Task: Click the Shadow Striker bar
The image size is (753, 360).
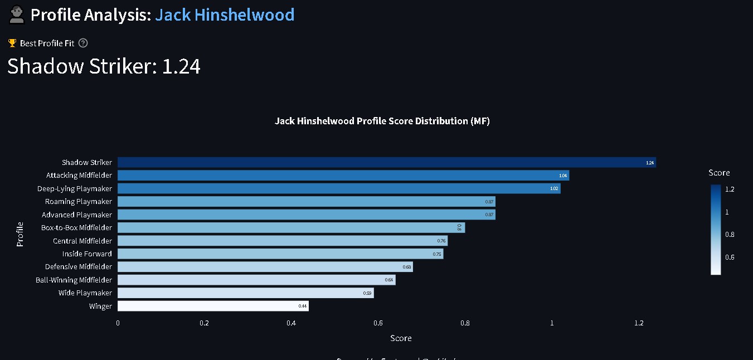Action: click(x=386, y=162)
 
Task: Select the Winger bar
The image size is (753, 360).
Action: click(x=213, y=306)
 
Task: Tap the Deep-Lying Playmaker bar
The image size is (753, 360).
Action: click(x=339, y=188)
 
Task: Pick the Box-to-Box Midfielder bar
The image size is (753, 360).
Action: click(x=291, y=227)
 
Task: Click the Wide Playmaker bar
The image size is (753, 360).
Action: click(x=245, y=293)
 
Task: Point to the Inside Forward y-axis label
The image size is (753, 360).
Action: click(x=87, y=254)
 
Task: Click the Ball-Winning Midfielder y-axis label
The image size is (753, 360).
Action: click(x=74, y=280)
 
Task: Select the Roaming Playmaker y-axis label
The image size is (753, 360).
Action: click(x=79, y=201)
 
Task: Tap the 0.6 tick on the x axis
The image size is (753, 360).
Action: click(x=378, y=323)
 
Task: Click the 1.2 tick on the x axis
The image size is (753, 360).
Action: click(x=639, y=323)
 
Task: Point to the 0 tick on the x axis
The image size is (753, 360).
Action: click(x=118, y=323)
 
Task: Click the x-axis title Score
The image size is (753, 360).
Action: click(x=401, y=338)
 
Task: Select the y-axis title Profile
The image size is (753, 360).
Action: click(x=20, y=234)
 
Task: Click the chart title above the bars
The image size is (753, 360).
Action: click(x=382, y=121)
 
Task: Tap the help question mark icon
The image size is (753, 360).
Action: click(x=83, y=43)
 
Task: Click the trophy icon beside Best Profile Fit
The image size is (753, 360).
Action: click(x=12, y=43)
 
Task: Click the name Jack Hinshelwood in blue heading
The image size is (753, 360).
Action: click(x=225, y=14)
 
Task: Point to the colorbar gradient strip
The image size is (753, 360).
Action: click(x=716, y=230)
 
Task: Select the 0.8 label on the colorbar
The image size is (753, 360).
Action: click(x=730, y=235)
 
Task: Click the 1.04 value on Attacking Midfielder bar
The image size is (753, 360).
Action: click(x=563, y=176)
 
